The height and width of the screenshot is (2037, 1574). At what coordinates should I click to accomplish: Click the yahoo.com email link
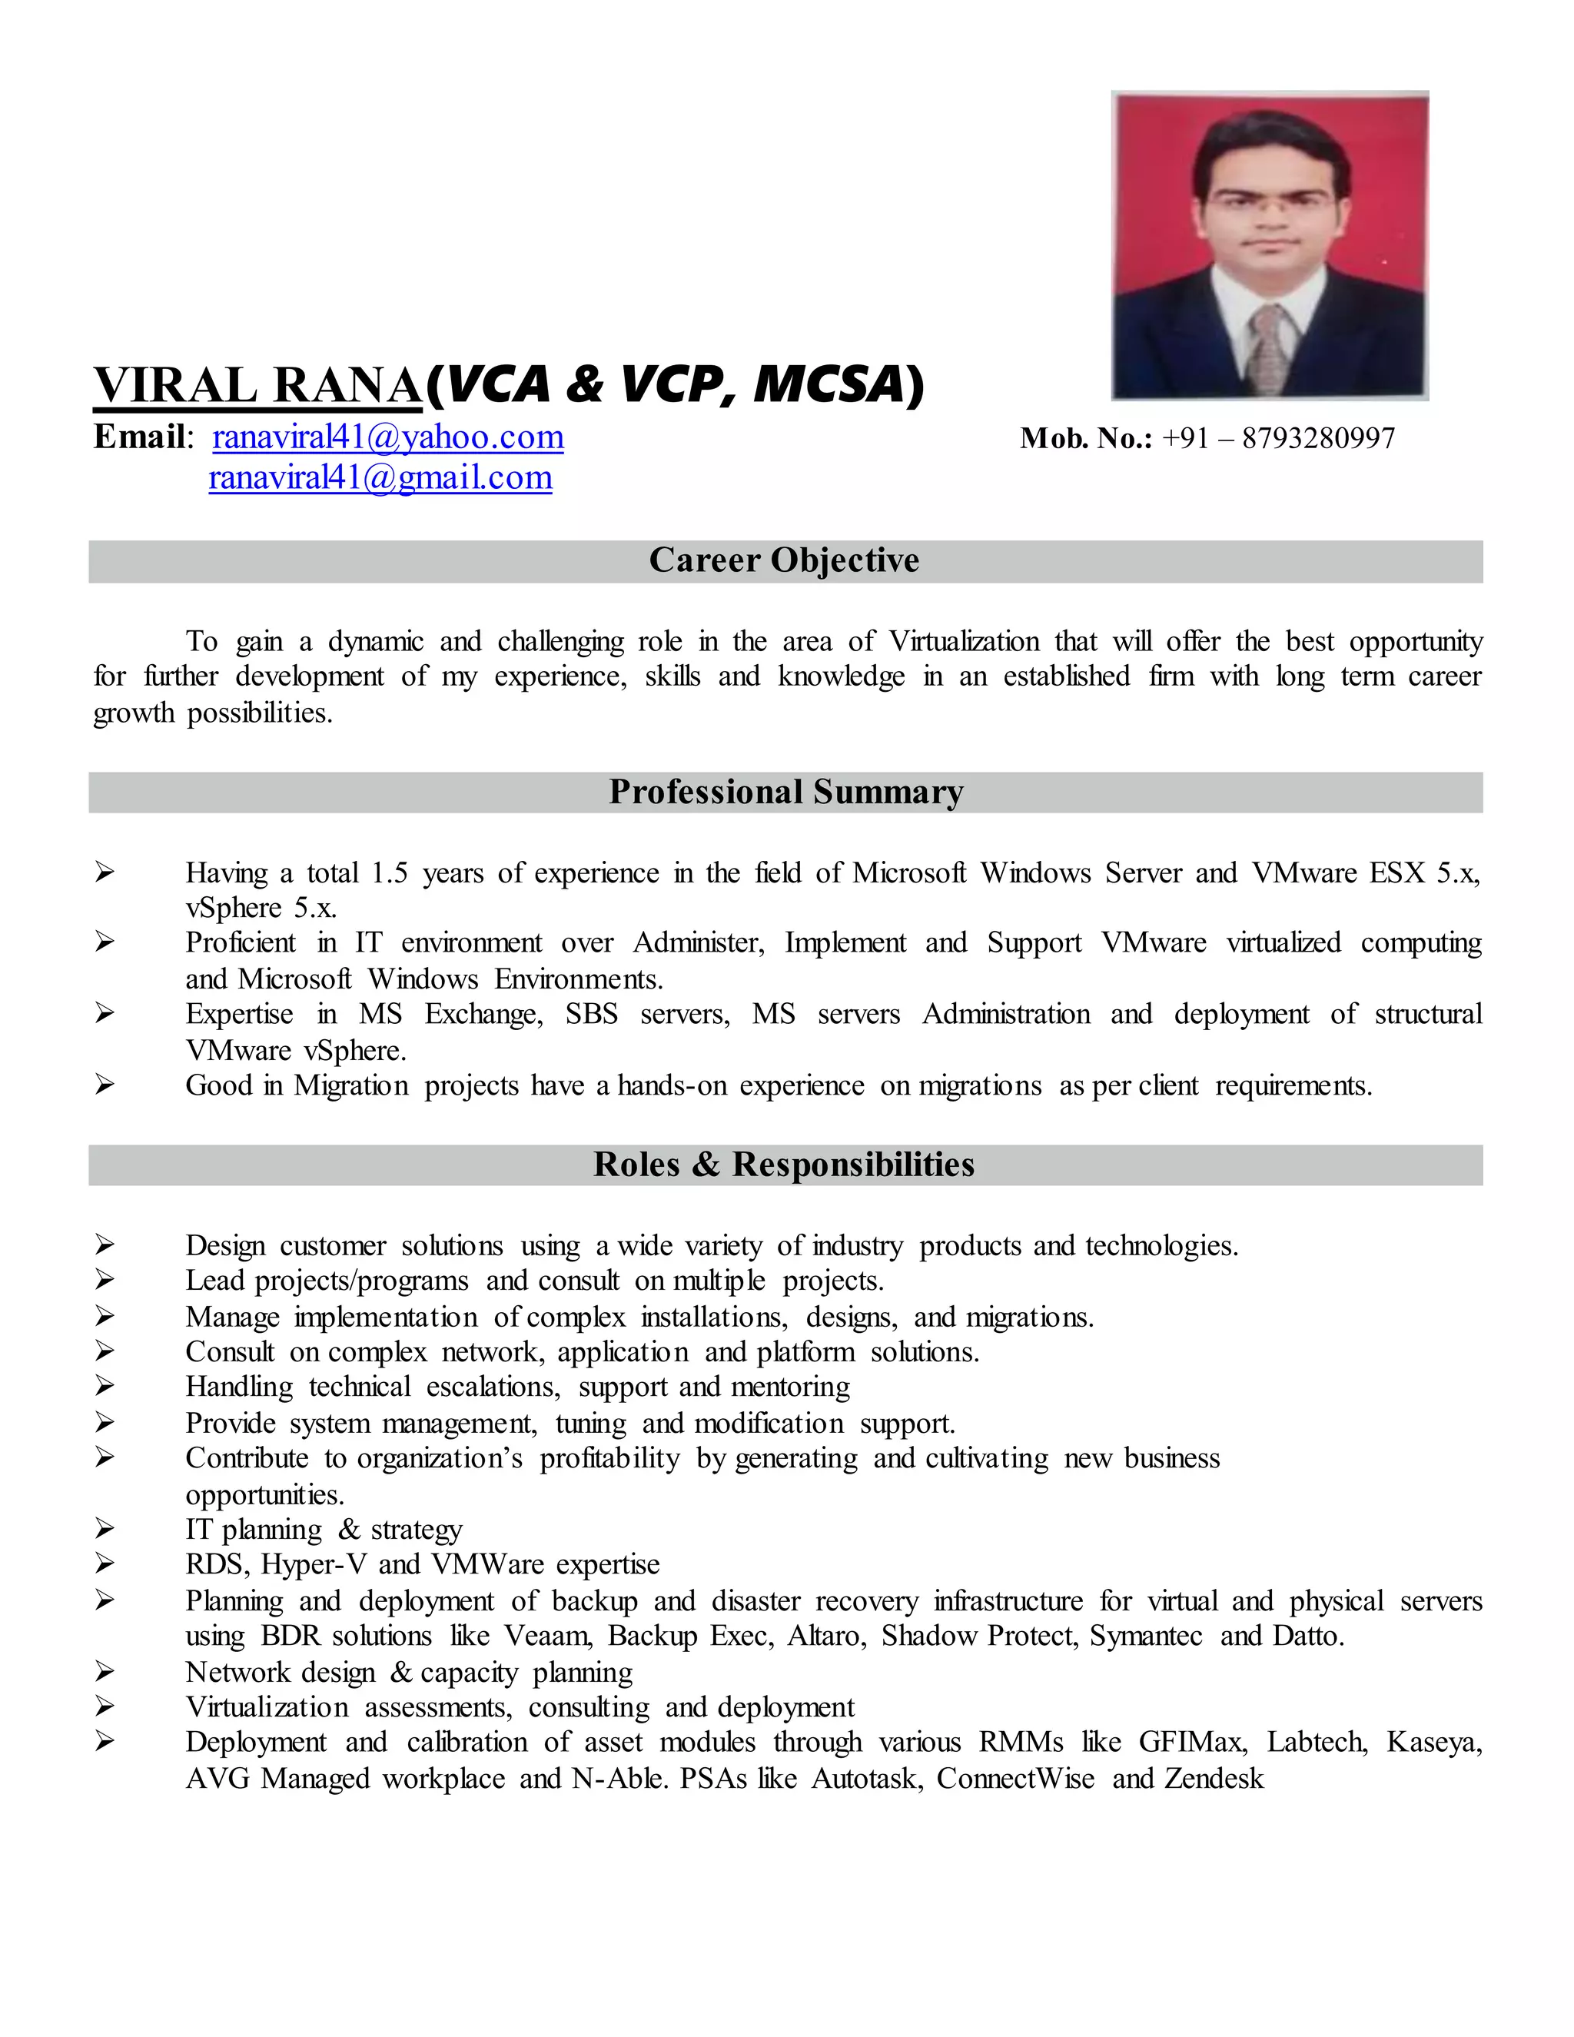point(388,437)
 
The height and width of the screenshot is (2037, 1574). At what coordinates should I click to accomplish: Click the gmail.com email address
point(380,477)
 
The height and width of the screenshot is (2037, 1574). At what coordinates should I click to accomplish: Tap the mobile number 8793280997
point(1317,438)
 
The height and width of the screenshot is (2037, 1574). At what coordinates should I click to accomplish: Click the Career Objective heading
point(784,560)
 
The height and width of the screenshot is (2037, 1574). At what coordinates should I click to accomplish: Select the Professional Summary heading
point(786,792)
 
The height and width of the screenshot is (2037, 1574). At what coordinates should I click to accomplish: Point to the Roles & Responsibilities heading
point(784,1164)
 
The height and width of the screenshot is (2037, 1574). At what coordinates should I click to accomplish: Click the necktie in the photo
point(1269,351)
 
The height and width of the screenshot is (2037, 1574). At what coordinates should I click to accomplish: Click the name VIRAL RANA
point(257,385)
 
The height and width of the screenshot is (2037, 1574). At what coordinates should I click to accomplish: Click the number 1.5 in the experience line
point(389,873)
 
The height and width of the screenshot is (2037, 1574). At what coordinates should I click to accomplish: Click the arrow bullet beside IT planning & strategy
point(105,1529)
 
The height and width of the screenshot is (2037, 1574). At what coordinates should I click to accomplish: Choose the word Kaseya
point(1433,1743)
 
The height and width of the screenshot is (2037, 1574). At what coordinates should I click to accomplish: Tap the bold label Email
point(141,437)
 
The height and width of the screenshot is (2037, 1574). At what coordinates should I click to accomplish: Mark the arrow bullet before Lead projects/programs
point(105,1281)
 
